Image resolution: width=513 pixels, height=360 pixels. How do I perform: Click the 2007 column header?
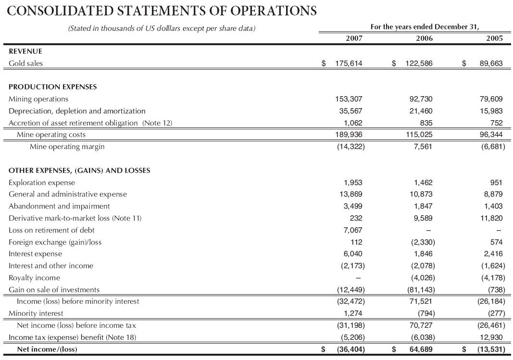click(354, 38)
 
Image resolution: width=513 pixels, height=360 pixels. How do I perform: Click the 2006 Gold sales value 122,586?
click(415, 63)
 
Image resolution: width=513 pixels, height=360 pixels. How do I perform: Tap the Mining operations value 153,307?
click(349, 99)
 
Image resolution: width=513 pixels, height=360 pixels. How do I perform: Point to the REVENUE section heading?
click(25, 51)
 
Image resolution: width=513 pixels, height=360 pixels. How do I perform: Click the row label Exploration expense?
click(42, 183)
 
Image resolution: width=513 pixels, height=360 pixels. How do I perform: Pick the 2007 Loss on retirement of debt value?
click(353, 230)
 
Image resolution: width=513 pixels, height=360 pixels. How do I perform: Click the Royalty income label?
click(35, 277)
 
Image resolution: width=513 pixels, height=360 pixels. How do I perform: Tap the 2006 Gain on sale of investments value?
click(418, 289)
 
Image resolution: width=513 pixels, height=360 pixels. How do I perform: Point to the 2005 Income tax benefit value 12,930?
click(491, 337)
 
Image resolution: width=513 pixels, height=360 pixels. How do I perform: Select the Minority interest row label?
click(36, 313)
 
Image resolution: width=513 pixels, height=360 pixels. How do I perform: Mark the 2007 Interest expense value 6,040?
click(353, 253)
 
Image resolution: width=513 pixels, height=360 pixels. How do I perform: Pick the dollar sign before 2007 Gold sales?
click(324, 63)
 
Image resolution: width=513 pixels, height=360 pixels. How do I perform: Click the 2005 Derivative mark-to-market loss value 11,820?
click(491, 218)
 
